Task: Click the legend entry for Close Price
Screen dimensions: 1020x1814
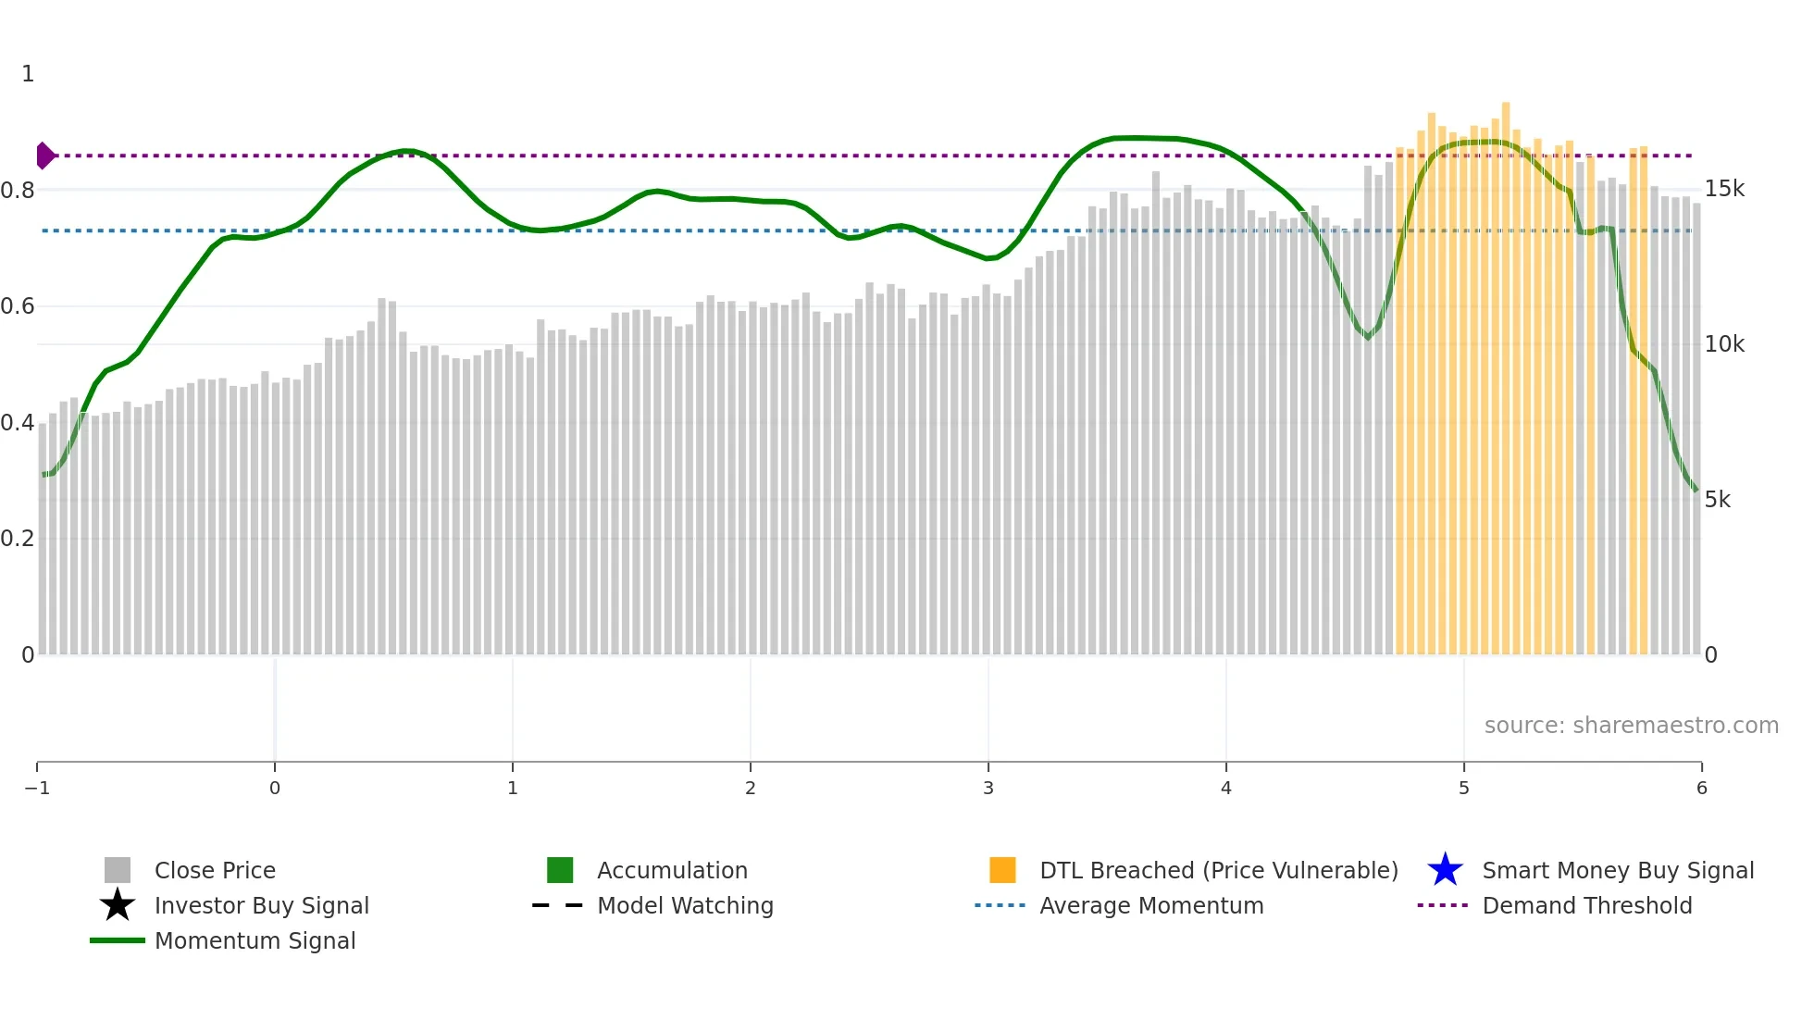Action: click(214, 870)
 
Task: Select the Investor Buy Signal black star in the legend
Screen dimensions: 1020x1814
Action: click(118, 905)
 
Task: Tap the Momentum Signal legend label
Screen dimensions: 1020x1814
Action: click(255, 940)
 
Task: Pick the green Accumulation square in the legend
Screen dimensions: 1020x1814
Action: click(560, 870)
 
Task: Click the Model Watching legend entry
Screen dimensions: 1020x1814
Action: click(684, 905)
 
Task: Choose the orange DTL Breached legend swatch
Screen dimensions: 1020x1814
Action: click(1002, 870)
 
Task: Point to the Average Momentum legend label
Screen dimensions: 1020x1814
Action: click(1151, 905)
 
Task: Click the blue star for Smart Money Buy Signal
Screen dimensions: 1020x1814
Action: click(1445, 870)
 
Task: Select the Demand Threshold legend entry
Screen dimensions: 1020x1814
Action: click(1586, 905)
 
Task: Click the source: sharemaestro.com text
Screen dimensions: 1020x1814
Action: click(1631, 725)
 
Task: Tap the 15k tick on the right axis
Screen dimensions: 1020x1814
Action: click(1724, 189)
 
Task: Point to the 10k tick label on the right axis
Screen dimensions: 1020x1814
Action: click(1724, 344)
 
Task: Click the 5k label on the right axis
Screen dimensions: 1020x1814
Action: click(1717, 500)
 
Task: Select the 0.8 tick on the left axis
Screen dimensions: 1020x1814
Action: click(18, 191)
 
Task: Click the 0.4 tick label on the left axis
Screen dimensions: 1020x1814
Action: click(18, 423)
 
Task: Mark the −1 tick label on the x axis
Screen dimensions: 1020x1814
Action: click(37, 788)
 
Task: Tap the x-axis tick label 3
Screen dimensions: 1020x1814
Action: click(988, 788)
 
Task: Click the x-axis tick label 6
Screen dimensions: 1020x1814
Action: click(1701, 788)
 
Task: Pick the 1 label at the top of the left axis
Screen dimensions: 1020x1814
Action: click(28, 74)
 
